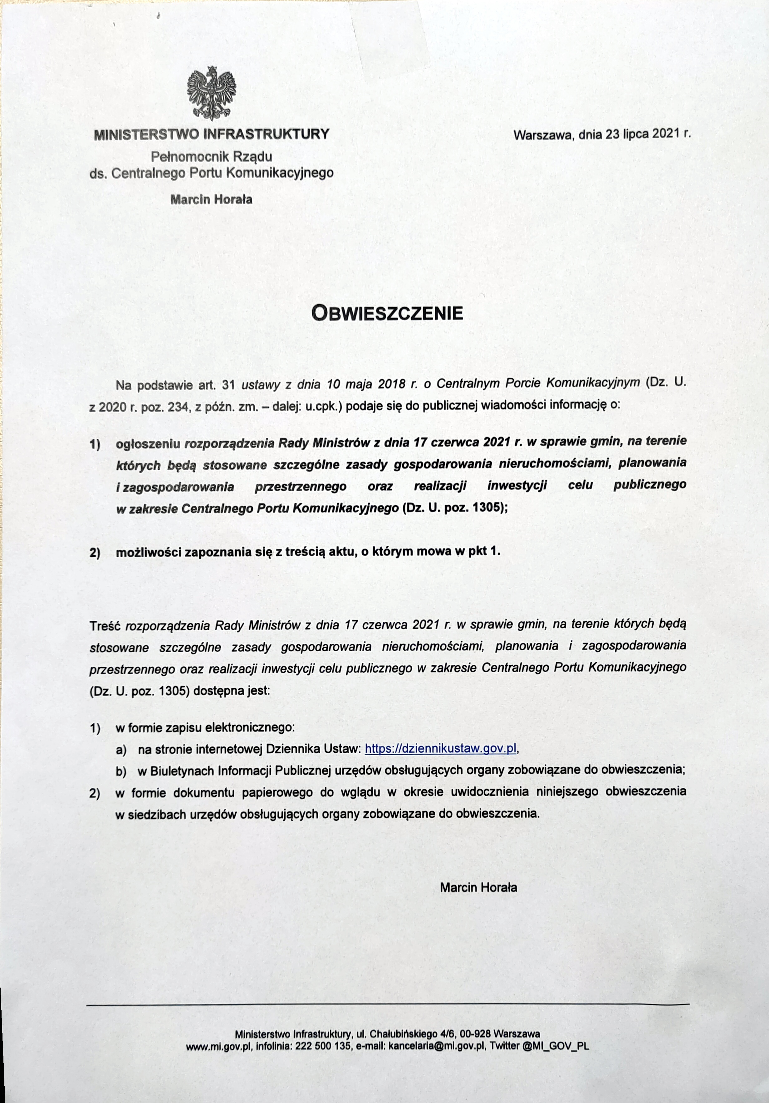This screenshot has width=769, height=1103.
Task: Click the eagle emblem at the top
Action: (212, 94)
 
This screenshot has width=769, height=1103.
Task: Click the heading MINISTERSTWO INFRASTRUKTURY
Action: (212, 134)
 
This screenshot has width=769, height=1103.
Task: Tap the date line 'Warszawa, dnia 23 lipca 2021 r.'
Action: (602, 134)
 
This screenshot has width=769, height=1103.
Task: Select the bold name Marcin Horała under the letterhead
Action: (212, 199)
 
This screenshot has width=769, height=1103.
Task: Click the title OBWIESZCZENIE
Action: (387, 313)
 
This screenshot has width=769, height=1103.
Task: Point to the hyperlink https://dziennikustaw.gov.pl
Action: (441, 748)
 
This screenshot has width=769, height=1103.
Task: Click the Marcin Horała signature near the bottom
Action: (478, 887)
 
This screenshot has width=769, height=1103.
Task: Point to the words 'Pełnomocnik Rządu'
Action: (212, 157)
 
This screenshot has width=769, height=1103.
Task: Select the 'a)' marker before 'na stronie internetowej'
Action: (121, 750)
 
